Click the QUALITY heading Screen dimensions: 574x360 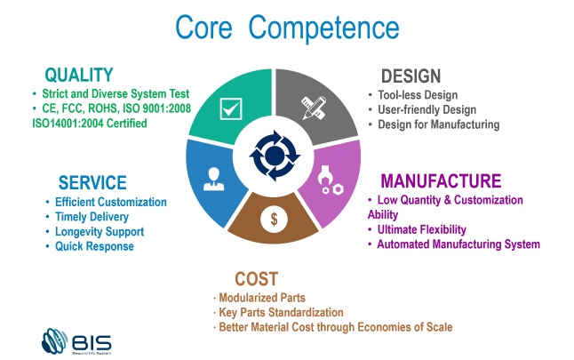pyautogui.click(x=79, y=75)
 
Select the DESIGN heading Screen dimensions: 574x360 pyautogui.click(x=411, y=76)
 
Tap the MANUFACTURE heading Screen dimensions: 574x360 pyautogui.click(x=441, y=181)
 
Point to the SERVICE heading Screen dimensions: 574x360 pyautogui.click(x=92, y=182)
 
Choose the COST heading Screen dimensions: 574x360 pyautogui.click(x=256, y=279)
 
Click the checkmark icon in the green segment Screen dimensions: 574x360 pyautogui.click(x=231, y=108)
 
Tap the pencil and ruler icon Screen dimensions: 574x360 pyautogui.click(x=314, y=108)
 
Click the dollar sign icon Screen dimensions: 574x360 pyautogui.click(x=274, y=219)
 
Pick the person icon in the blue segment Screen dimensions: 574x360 pyautogui.click(x=213, y=179)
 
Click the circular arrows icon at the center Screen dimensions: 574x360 pyautogui.click(x=275, y=156)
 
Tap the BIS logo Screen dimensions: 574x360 pyautogui.click(x=76, y=341)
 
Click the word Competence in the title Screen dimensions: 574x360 pyautogui.click(x=323, y=28)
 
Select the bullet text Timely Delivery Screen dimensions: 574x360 pyautogui.click(x=92, y=217)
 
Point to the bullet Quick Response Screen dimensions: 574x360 pyautogui.click(x=94, y=246)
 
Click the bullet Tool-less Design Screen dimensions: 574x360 pyautogui.click(x=418, y=95)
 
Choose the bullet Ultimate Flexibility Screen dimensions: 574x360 pyautogui.click(x=422, y=229)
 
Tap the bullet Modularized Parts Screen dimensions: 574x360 pyautogui.click(x=262, y=298)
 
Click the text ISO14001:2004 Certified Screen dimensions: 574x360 pyautogui.click(x=90, y=123)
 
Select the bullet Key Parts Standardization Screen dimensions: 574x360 pyautogui.click(x=281, y=312)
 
